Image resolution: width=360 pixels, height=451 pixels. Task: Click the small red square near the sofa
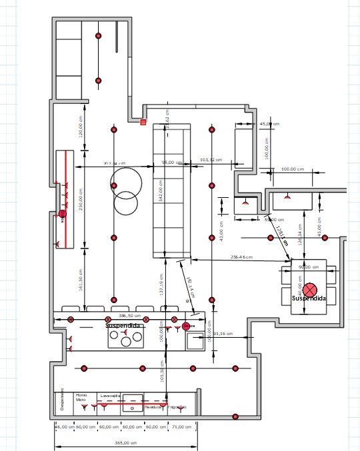pos(143,122)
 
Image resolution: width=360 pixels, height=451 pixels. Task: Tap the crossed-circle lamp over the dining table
pos(311,290)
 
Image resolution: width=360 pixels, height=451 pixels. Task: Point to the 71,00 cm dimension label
pos(178,426)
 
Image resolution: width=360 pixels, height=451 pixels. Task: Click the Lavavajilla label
pos(110,395)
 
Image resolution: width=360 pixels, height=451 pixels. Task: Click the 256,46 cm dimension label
pos(241,256)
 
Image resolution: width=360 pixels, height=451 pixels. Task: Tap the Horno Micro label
pos(81,397)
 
